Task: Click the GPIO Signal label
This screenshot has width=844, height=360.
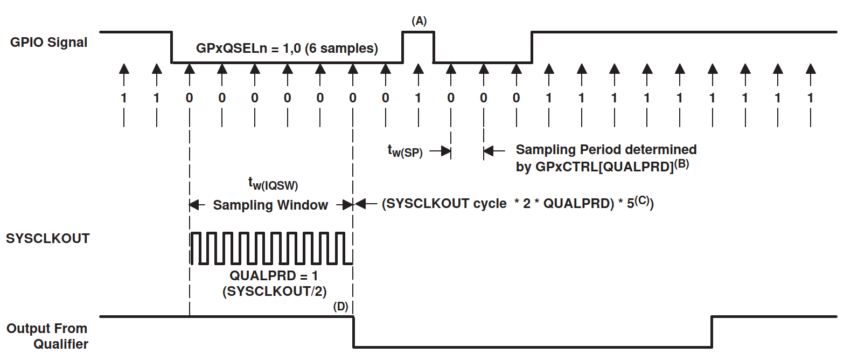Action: coord(48,43)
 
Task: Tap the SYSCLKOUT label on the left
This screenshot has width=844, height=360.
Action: coord(48,239)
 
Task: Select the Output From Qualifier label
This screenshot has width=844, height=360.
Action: coord(47,336)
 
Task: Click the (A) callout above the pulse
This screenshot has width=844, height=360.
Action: coord(418,21)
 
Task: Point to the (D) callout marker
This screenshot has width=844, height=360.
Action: coord(340,307)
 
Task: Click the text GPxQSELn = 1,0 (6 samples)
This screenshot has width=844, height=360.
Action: coord(287,49)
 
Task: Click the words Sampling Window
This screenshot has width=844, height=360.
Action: coord(270,205)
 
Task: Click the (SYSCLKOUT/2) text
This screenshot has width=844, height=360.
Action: coord(271,292)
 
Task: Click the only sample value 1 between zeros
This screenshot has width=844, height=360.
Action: coord(417,99)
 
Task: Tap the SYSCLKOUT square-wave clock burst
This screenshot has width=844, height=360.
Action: coord(271,248)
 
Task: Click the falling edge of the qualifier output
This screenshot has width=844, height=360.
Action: coord(353,331)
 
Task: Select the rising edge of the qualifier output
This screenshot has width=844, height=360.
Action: coord(712,331)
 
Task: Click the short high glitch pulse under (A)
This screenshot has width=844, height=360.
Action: coord(418,33)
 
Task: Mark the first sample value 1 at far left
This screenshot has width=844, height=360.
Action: coord(124,99)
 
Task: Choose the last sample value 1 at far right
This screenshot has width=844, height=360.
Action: coord(810,99)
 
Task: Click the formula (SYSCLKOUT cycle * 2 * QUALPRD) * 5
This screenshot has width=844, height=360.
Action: coord(517,204)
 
